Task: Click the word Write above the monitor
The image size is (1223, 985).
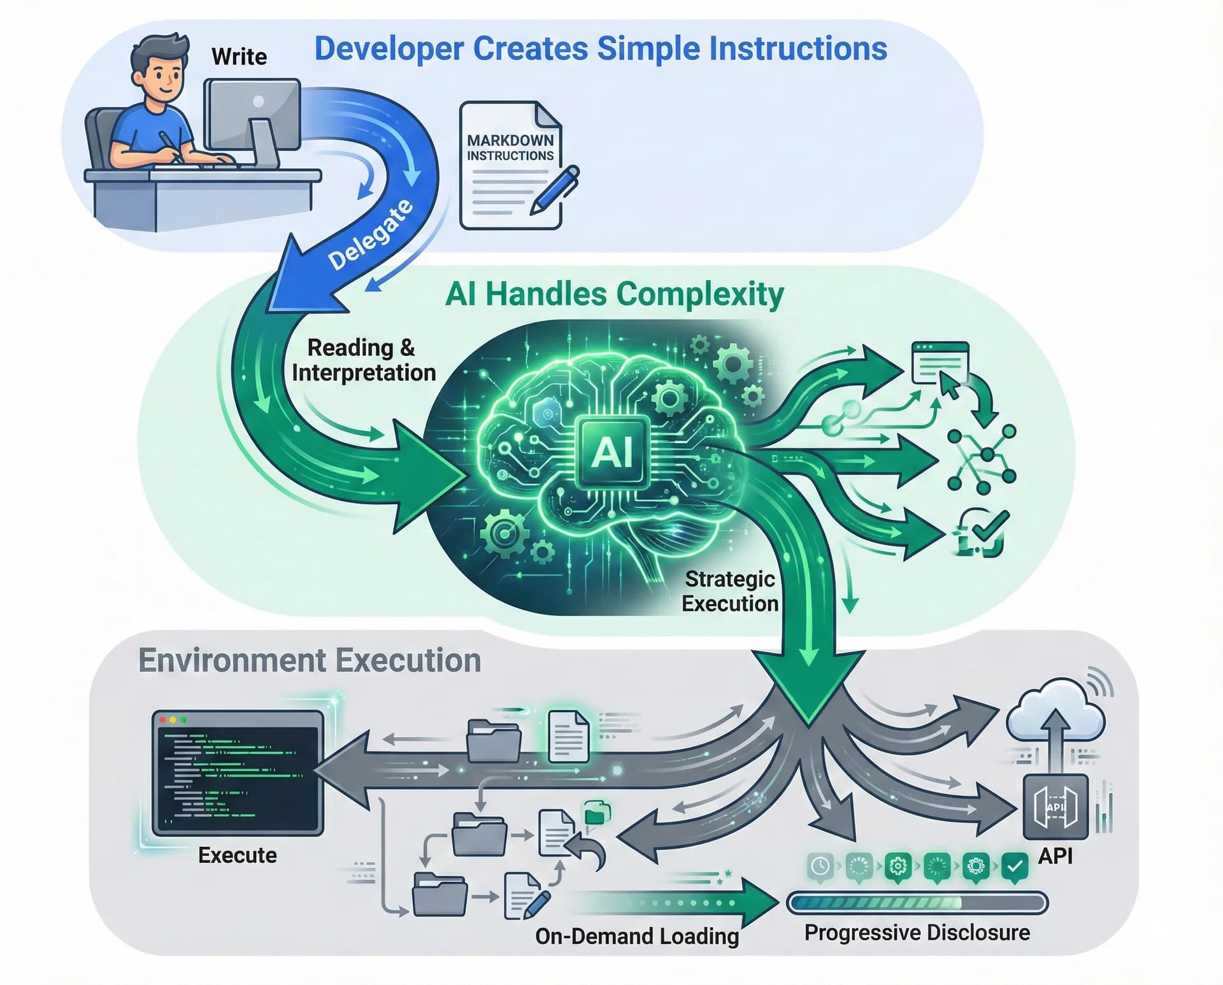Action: point(239,57)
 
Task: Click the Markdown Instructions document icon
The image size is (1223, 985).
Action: point(510,166)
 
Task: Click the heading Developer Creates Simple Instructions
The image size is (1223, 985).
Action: point(600,48)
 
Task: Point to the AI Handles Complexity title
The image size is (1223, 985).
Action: point(614,294)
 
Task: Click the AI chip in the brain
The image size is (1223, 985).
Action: point(612,452)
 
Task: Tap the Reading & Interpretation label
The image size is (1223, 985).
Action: point(363,360)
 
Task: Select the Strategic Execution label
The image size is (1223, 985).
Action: point(730,591)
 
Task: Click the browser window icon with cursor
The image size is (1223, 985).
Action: point(940,364)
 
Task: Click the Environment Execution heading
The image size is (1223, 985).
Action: point(310,660)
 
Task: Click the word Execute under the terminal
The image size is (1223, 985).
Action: point(238,855)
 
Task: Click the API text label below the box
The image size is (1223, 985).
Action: point(1055,856)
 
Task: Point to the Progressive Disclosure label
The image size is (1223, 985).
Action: point(917,933)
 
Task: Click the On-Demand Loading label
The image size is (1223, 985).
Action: point(637,936)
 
